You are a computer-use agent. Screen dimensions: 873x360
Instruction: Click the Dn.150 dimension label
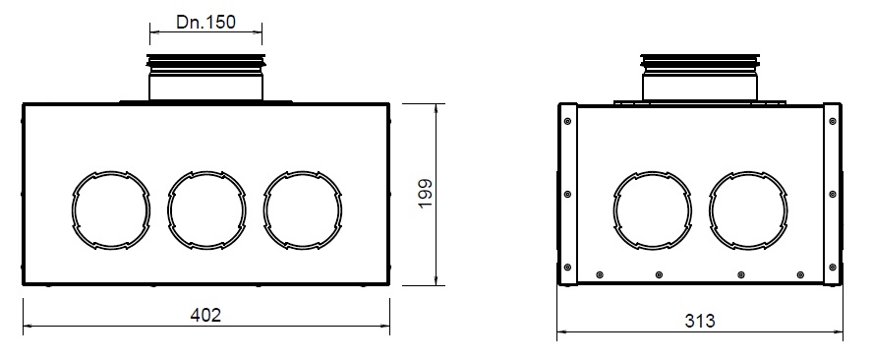coord(206,22)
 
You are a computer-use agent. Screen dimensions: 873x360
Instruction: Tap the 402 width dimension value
coord(206,315)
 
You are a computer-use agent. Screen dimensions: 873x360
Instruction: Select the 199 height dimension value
coord(426,194)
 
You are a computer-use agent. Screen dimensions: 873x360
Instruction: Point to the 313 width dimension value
coord(700,321)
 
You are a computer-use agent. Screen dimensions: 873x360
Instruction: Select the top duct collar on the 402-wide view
coord(205,78)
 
